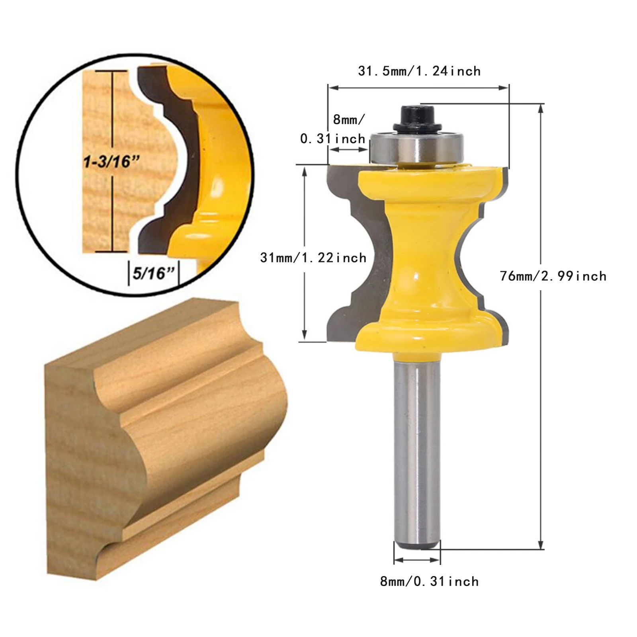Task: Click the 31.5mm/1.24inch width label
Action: pos(419,71)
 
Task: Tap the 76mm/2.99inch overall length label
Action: pos(553,276)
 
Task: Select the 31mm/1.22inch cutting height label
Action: pos(313,258)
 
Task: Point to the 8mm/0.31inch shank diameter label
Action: pos(429,582)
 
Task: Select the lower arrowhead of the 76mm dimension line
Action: pos(541,546)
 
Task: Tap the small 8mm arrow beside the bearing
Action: pos(348,150)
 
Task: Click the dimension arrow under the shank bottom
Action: pos(417,560)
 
